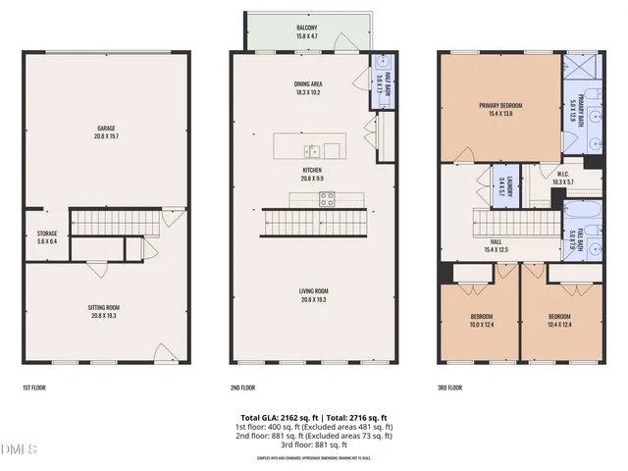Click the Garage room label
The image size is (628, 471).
(106, 131)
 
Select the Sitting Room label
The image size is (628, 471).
(106, 311)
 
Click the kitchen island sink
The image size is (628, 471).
(311, 150)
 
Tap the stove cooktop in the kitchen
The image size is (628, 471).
(327, 199)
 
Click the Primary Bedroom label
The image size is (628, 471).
(500, 109)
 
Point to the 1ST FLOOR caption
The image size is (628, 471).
(36, 388)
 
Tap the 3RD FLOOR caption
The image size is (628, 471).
(450, 388)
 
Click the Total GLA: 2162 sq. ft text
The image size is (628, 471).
(270, 417)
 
